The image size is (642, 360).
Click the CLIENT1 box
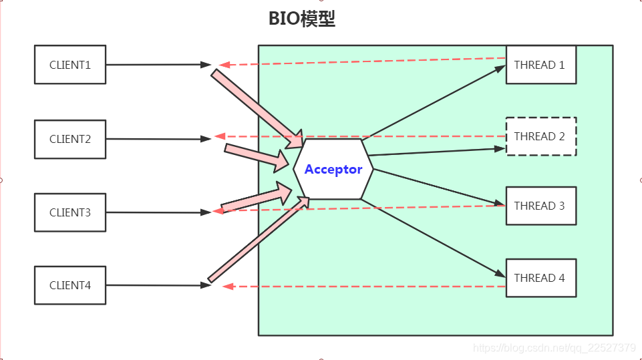pos(69,65)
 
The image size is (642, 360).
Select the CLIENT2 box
pos(69,139)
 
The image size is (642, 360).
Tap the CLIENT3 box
pos(69,212)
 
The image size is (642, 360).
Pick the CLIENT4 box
pos(69,285)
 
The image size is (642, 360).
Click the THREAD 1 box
pos(540,65)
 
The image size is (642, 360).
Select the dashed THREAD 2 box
pos(540,137)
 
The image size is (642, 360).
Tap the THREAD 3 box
pos(540,206)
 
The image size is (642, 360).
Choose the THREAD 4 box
pos(540,278)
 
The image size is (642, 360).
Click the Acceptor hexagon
pos(333,169)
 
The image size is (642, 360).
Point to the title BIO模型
pos(302,19)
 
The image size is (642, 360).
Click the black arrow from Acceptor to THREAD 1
pos(434,101)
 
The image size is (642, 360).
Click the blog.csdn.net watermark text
pos(554,348)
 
